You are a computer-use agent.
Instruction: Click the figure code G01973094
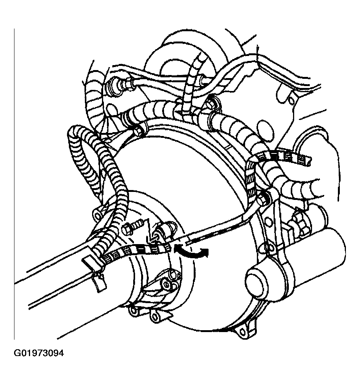coord(38,353)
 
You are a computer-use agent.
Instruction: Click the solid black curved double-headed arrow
coord(191,252)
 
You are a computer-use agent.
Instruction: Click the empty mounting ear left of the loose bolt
coord(98,215)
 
